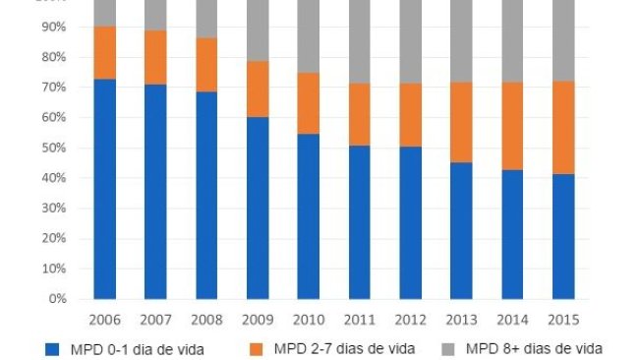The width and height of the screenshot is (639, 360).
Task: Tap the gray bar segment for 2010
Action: click(x=309, y=36)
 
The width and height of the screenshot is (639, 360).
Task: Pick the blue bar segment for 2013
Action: click(x=461, y=230)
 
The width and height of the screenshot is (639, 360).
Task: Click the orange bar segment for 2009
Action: click(x=258, y=90)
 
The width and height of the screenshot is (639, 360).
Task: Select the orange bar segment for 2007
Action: click(x=155, y=58)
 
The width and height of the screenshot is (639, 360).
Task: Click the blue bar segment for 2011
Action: click(x=360, y=222)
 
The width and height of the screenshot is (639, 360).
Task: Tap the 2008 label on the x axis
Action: click(x=206, y=320)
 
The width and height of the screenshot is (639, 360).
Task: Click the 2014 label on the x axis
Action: click(x=512, y=320)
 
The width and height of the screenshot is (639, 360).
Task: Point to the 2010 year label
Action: click(x=309, y=320)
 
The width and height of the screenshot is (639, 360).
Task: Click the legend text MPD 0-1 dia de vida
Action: click(x=137, y=348)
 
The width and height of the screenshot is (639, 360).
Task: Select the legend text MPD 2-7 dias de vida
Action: click(x=345, y=348)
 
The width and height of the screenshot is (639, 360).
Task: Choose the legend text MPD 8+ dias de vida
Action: click(x=535, y=348)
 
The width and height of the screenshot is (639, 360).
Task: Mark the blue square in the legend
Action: click(x=51, y=348)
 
